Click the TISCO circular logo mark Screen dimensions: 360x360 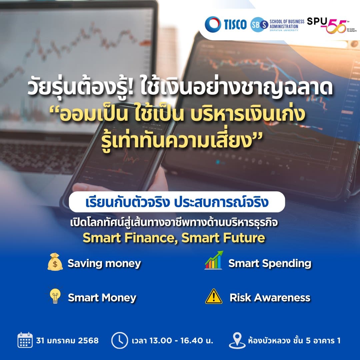click(x=213, y=24)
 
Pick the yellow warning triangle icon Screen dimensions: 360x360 click(x=214, y=296)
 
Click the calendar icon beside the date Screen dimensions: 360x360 click(x=25, y=340)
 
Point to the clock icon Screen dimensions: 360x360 click(x=120, y=340)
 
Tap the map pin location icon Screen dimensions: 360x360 click(x=237, y=340)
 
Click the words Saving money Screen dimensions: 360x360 click(x=104, y=264)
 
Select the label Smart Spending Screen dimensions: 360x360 click(x=270, y=264)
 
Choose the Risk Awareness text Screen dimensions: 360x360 click(x=270, y=298)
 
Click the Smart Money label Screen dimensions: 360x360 click(x=102, y=298)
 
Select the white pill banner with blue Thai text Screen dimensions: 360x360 click(x=177, y=202)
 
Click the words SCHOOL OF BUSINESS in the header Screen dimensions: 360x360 click(x=287, y=22)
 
